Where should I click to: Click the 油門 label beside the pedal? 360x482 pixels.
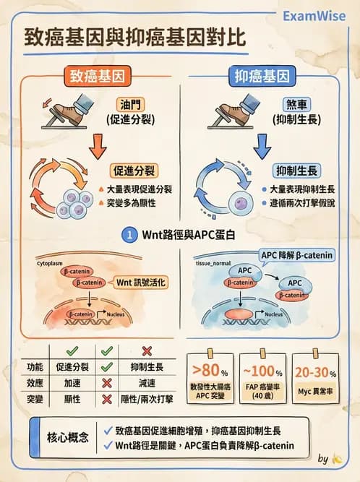tap(127, 104)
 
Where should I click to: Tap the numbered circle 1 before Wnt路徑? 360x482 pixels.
tap(129, 236)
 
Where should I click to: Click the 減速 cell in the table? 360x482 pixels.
tap(147, 383)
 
